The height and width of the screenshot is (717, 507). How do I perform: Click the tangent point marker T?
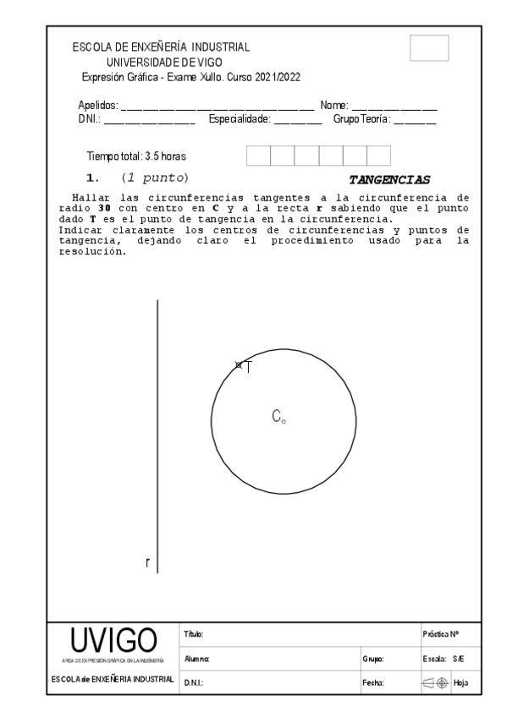(x=239, y=364)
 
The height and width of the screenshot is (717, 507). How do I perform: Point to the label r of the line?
(x=148, y=562)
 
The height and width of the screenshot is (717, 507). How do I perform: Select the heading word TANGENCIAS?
(x=390, y=179)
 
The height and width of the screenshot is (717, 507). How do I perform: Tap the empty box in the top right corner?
(x=429, y=48)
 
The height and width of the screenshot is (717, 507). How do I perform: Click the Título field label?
(x=191, y=633)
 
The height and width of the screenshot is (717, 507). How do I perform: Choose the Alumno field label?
(x=195, y=657)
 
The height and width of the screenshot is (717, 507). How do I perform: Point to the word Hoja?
(x=461, y=681)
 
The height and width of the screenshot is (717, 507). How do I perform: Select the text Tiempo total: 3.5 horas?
(x=136, y=156)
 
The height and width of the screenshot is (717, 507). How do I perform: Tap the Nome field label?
(x=333, y=106)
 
